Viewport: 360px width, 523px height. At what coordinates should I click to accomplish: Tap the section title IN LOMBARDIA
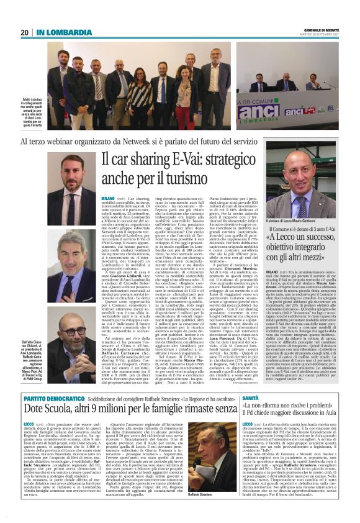click(57, 32)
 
